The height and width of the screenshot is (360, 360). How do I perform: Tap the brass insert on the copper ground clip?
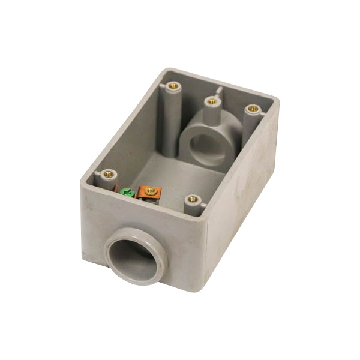click(149, 191)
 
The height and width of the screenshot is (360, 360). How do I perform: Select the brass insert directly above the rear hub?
click(211, 101)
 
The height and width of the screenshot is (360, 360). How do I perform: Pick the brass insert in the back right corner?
click(253, 109)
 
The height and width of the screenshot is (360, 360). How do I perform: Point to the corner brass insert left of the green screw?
click(109, 174)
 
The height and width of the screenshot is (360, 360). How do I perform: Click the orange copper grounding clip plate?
click(144, 194)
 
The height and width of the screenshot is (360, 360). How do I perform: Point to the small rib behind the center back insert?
click(220, 91)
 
